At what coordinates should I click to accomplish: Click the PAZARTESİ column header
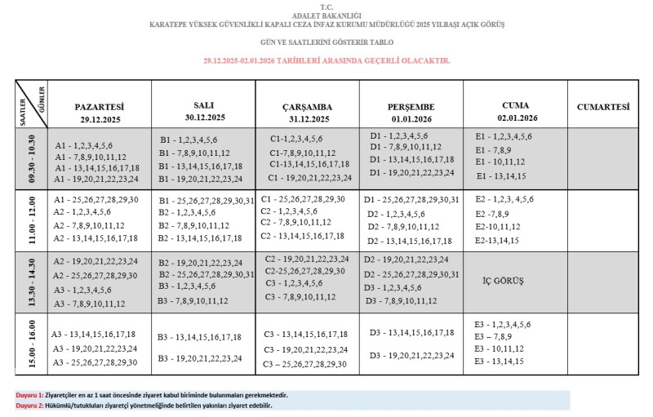point(99,107)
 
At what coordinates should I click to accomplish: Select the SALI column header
point(203,105)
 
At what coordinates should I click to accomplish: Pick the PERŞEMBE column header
point(411,107)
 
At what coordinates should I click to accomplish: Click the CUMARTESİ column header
point(603,107)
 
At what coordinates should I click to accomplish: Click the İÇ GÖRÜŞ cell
point(504,281)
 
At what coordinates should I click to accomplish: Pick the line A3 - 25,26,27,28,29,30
point(94,362)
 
